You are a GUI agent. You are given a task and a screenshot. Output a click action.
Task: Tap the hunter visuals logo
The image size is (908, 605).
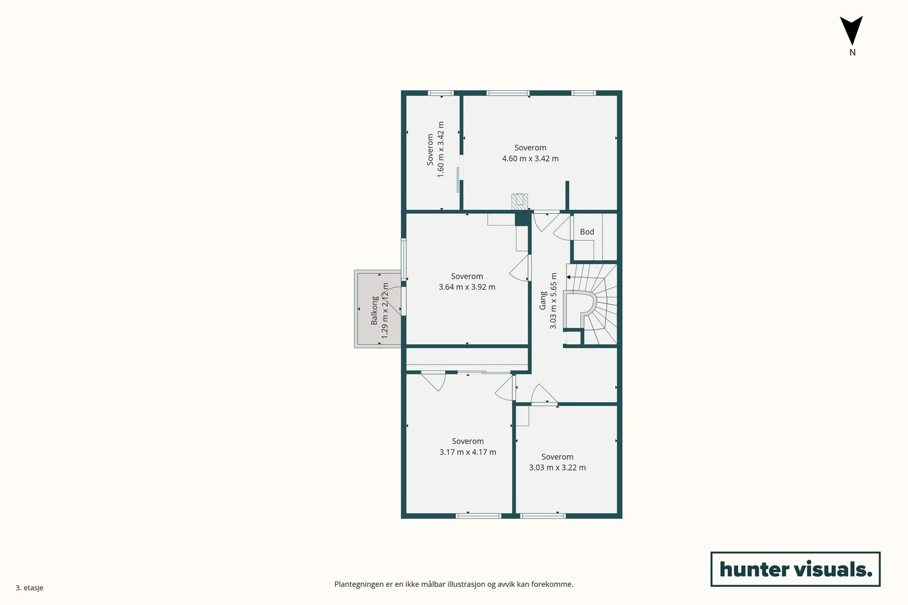tap(795, 569)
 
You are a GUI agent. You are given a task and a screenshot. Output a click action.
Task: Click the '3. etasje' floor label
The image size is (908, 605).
tap(30, 587)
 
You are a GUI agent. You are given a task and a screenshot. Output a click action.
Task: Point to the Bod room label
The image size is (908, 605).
tap(587, 232)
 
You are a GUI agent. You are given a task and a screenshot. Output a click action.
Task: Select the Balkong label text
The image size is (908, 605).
tap(375, 310)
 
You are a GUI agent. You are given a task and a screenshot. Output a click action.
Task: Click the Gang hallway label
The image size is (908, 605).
tap(543, 301)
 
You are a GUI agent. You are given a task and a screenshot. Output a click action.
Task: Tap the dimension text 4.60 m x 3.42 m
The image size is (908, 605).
tap(530, 159)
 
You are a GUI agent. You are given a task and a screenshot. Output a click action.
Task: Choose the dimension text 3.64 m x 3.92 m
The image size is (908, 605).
tap(466, 287)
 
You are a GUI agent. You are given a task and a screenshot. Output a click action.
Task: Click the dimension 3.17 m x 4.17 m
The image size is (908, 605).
tap(468, 452)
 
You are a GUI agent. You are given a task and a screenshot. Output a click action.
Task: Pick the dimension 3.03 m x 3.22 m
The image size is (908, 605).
tap(557, 467)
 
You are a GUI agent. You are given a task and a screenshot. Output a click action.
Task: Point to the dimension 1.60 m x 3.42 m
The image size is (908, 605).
tap(441, 150)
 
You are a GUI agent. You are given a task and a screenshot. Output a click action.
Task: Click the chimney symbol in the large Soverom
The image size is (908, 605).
tap(519, 200)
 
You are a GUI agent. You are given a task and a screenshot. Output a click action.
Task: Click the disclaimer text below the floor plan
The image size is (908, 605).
tap(453, 584)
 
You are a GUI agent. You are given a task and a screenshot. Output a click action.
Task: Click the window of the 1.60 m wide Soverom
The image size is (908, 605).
tap(440, 93)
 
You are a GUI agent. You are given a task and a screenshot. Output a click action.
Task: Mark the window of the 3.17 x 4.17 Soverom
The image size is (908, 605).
tap(479, 515)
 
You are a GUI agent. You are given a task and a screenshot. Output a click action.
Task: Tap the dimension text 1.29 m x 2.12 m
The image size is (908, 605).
tap(385, 311)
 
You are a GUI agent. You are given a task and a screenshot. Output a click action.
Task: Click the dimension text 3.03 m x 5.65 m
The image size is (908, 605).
tap(553, 301)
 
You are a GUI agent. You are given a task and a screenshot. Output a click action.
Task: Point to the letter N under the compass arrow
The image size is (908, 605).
tap(852, 52)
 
